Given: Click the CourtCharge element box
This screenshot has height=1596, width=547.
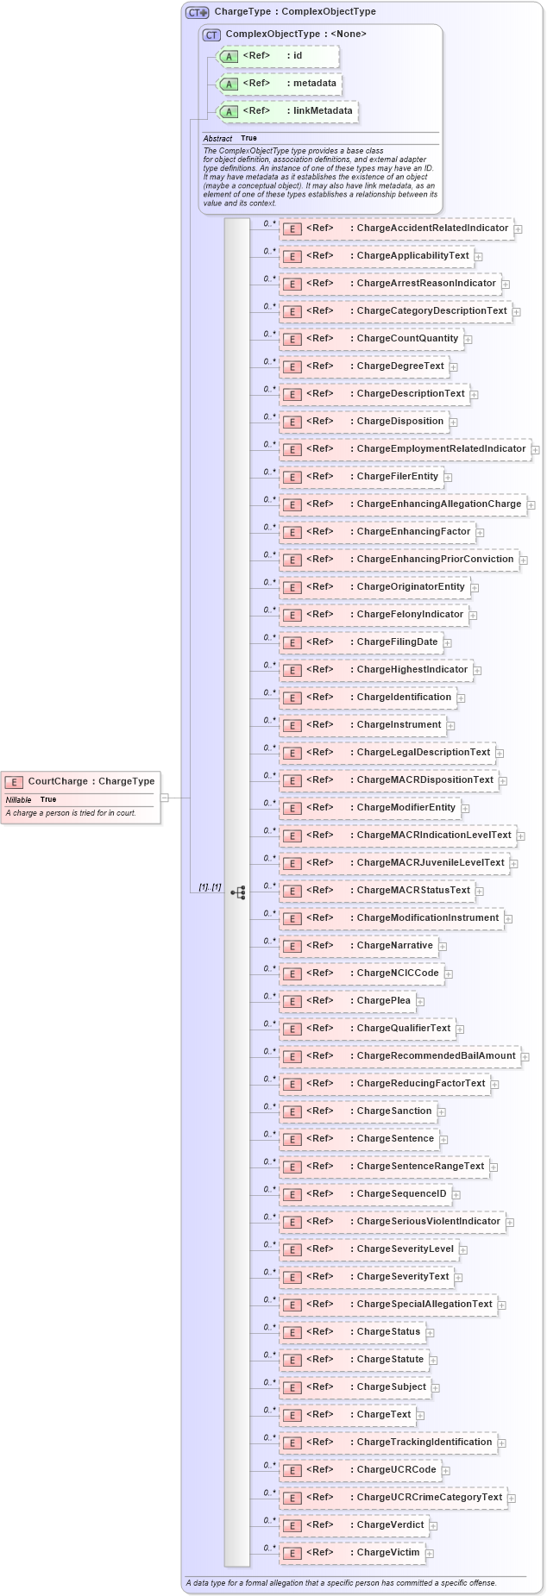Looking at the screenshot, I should tap(80, 781).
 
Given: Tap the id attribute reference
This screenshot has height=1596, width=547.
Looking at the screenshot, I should tap(279, 56).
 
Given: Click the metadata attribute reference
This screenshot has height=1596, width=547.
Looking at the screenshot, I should tap(279, 84).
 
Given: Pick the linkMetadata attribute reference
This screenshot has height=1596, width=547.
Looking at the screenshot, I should tap(287, 111).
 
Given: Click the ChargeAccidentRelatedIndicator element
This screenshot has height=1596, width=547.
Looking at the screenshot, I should tap(396, 228).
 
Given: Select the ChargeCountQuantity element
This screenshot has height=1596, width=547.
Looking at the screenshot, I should tap(371, 339).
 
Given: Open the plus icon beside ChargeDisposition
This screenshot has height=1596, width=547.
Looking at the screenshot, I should tap(454, 422).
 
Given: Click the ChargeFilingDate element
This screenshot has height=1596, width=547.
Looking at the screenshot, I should tap(361, 642).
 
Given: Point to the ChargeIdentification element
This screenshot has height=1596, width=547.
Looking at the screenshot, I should tap(368, 698).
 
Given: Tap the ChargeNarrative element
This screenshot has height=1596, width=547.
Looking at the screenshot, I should tap(358, 946).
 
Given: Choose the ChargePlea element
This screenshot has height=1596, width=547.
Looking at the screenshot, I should tap(347, 1001).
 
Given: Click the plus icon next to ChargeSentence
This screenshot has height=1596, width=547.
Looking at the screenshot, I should tap(443, 1140).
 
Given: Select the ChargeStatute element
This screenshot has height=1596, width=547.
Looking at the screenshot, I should tap(354, 1360).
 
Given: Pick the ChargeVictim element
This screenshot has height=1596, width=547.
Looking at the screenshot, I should tap(351, 1553).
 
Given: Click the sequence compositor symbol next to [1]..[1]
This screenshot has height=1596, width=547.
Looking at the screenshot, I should tap(238, 892).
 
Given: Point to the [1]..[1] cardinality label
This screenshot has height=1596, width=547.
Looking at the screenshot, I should tap(210, 887).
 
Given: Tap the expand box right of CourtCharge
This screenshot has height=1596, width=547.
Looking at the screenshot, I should tap(165, 798).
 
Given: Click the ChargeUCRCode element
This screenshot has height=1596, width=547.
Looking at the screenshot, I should tap(360, 1470).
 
